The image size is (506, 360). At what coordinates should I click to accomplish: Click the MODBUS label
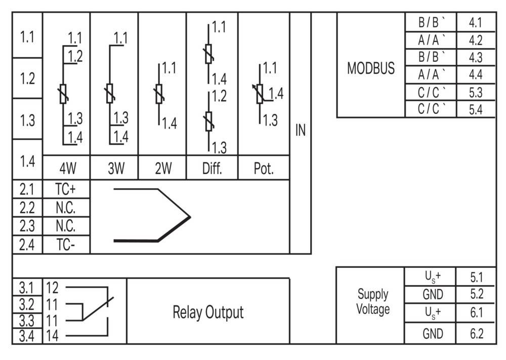[x=371, y=68]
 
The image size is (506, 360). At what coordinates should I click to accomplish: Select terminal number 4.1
[x=475, y=23]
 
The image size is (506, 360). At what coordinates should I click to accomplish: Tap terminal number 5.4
[x=475, y=109]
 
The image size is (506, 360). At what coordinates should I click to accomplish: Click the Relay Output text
[x=208, y=312]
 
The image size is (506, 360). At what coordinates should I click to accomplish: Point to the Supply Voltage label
[x=373, y=302]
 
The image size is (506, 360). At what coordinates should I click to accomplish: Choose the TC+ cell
[x=65, y=189]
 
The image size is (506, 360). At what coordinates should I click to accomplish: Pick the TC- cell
[x=65, y=245]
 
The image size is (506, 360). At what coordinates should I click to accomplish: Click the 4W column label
[x=68, y=168]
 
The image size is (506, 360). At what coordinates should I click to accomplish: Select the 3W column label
[x=116, y=168]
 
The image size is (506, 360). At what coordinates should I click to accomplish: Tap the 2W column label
[x=163, y=168]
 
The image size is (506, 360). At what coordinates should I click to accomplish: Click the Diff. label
[x=212, y=168]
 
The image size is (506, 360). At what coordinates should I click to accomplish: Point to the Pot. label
[x=264, y=168]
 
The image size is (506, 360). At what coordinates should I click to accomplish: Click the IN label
[x=301, y=130]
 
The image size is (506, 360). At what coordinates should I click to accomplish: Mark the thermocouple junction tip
[x=190, y=217]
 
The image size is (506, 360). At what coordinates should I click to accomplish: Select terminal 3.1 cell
[x=27, y=287]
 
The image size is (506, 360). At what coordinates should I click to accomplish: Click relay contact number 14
[x=52, y=336]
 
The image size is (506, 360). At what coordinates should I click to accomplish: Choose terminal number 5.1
[x=476, y=277]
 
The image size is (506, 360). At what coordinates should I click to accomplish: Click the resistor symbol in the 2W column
[x=159, y=94]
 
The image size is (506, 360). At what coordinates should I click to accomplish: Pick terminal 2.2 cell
[x=27, y=208]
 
